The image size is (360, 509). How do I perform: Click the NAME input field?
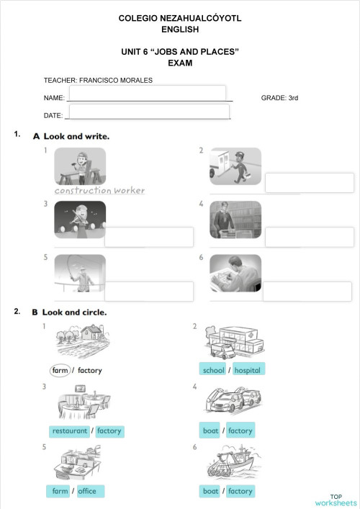(148, 93)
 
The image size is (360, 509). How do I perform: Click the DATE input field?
(149, 112)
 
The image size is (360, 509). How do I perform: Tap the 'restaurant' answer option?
(69, 431)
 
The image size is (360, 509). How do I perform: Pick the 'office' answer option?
(91, 491)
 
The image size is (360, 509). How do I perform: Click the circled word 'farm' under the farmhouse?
(60, 370)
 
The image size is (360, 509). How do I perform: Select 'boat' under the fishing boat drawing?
(210, 491)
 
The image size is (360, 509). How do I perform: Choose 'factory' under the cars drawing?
(240, 431)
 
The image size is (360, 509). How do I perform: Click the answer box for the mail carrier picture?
(310, 183)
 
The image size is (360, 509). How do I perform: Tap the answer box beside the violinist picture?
(149, 237)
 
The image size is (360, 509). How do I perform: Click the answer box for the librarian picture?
(310, 237)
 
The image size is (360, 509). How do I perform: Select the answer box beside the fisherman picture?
(149, 291)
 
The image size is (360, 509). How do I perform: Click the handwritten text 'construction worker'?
(99, 190)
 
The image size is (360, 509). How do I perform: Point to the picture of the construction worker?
(80, 166)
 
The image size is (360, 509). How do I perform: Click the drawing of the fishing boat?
(234, 462)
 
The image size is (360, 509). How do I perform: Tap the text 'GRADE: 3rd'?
(279, 98)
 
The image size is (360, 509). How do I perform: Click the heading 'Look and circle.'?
(74, 312)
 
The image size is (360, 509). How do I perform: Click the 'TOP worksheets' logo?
(336, 500)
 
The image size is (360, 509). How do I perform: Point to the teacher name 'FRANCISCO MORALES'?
(116, 80)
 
